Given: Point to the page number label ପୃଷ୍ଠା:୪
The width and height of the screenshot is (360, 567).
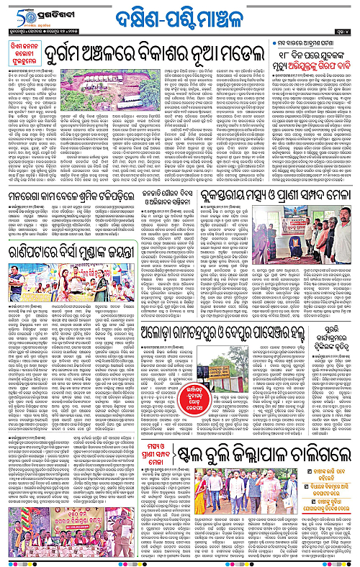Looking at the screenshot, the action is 343,31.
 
